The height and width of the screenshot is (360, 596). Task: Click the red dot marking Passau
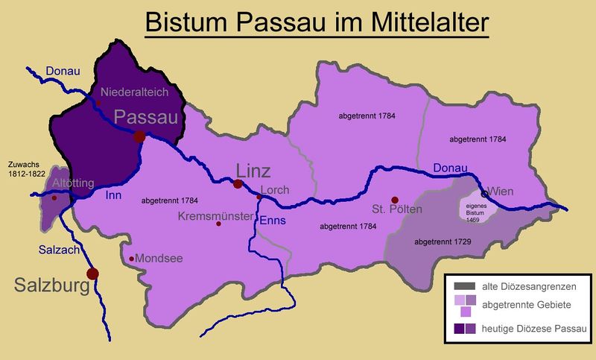pos(139,136)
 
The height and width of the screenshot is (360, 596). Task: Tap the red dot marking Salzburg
pos(92,274)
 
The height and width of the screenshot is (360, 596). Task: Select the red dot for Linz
pos(238,183)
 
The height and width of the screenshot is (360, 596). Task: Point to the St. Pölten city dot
pos(395,199)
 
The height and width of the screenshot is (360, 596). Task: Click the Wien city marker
pos(485,195)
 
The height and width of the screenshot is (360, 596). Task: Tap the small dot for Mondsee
pos(132,259)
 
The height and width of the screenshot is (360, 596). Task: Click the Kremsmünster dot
pos(218,224)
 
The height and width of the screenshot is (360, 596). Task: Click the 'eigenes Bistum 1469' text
pos(471,211)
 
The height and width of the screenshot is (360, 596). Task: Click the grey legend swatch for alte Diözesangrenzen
pos(465,286)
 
